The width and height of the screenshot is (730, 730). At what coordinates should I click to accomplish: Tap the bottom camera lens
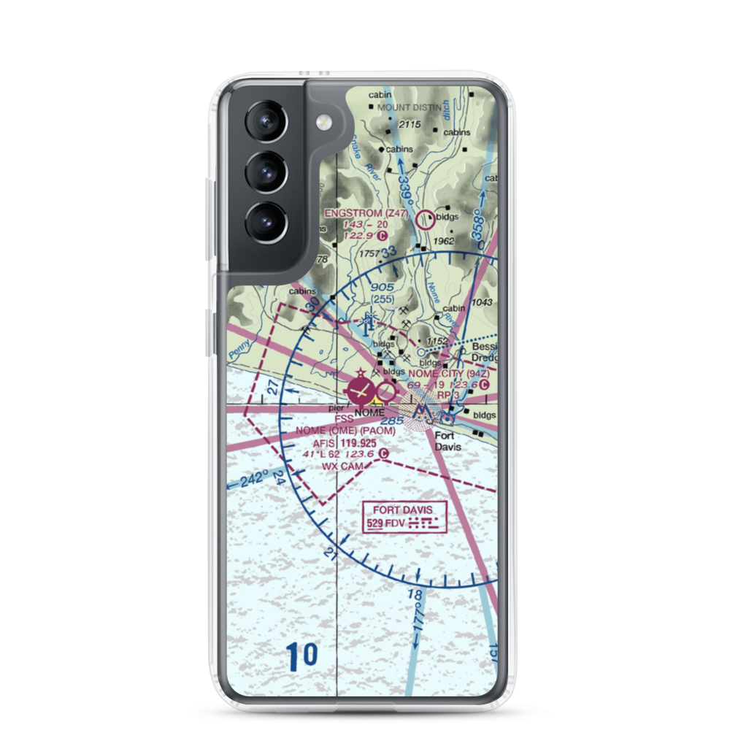coord(265,221)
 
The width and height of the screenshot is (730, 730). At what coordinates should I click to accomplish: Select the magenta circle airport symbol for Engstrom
coord(425,218)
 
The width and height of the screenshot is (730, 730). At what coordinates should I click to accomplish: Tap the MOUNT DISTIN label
coord(410,107)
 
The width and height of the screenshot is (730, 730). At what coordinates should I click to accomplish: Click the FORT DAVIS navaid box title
coord(402,510)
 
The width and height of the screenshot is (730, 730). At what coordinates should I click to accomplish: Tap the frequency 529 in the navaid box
coord(374,523)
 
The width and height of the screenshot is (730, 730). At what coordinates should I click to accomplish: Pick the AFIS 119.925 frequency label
coord(345,443)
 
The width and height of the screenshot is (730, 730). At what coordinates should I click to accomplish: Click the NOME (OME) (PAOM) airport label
coord(345,431)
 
